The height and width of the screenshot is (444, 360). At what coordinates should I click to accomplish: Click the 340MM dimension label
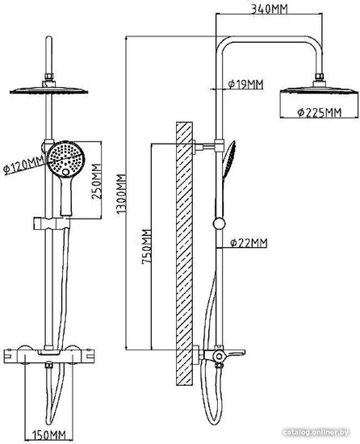coord(270,9)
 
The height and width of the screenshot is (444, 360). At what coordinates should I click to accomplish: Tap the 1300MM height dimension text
coord(122,194)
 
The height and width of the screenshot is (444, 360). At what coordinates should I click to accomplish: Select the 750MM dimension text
coord(147,247)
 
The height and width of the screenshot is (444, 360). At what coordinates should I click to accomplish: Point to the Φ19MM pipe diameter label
coord(245,84)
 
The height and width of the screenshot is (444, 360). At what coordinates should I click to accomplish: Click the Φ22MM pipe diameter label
coord(249,243)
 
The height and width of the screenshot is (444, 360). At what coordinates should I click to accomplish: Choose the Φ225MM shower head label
coord(320,112)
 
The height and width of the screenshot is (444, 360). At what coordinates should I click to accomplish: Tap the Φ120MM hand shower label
coord(23,165)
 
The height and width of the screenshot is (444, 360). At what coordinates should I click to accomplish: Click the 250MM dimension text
coord(97,181)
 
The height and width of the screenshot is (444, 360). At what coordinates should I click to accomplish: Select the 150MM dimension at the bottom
coord(48,434)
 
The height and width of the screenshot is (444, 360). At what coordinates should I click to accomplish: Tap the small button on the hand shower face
coord(65,172)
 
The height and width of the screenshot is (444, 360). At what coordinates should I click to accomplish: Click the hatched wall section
coord(184,253)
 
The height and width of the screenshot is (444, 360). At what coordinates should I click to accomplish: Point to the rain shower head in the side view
coord(320,90)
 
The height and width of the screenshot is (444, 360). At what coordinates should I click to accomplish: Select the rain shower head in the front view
coord(48,90)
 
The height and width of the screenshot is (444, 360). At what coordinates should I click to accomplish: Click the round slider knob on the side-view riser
coord(219,224)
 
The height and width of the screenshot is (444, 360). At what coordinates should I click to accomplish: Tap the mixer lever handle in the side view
coord(234,353)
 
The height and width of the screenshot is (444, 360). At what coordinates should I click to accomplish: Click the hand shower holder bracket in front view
coord(52,223)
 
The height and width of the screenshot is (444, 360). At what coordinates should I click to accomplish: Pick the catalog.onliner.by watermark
coord(316,433)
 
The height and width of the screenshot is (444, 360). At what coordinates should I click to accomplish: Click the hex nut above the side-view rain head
coord(320,76)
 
